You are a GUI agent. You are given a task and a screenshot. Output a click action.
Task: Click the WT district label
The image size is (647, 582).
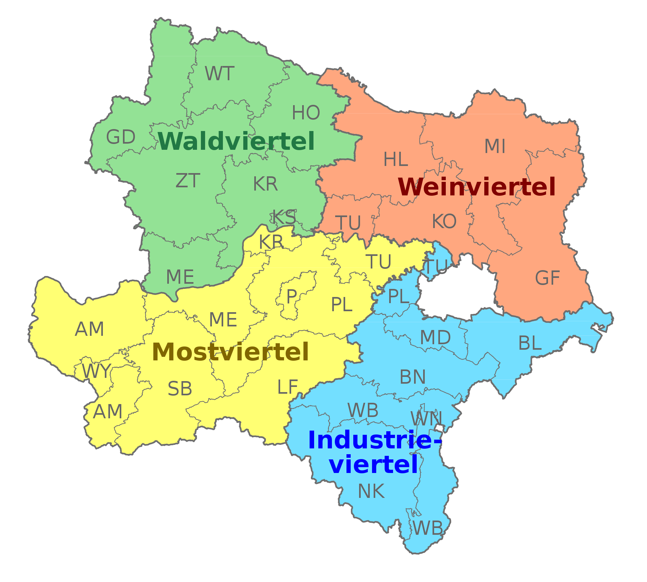click(219, 74)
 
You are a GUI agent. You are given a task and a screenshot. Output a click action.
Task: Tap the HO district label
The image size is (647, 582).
click(306, 113)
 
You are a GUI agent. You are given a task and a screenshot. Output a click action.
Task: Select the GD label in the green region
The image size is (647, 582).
click(121, 137)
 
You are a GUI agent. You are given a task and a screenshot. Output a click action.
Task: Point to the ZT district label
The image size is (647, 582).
click(188, 181)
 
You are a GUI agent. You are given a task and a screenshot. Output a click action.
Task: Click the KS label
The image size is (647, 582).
click(284, 217)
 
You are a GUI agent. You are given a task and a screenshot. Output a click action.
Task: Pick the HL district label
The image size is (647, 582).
click(395, 159)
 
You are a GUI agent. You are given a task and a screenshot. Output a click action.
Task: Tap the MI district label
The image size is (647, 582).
click(495, 146)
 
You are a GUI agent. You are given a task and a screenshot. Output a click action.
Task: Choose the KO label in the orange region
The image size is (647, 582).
click(444, 222)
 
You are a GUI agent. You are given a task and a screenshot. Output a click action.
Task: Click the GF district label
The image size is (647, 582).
click(547, 278)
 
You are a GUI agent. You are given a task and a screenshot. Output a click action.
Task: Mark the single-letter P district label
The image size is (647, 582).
click(291, 296)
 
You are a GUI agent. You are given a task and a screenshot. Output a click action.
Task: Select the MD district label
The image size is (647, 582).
click(435, 337)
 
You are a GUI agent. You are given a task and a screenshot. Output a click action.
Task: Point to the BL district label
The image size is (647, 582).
click(530, 343)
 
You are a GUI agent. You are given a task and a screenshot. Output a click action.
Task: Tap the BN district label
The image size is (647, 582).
click(412, 377)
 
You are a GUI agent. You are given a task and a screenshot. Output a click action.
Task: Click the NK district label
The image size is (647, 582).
click(371, 491)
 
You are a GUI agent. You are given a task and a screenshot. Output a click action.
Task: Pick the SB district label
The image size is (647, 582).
click(180, 389)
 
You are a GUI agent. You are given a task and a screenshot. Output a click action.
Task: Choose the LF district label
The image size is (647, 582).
click(287, 387)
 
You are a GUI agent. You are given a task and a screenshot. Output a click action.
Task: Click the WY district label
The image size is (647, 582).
click(96, 371)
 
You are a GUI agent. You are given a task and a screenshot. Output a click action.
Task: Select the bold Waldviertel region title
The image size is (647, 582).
click(236, 141)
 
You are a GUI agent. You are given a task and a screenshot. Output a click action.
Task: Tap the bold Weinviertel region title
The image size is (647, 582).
click(477, 187)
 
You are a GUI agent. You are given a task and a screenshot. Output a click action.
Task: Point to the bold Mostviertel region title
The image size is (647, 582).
click(230, 352)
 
